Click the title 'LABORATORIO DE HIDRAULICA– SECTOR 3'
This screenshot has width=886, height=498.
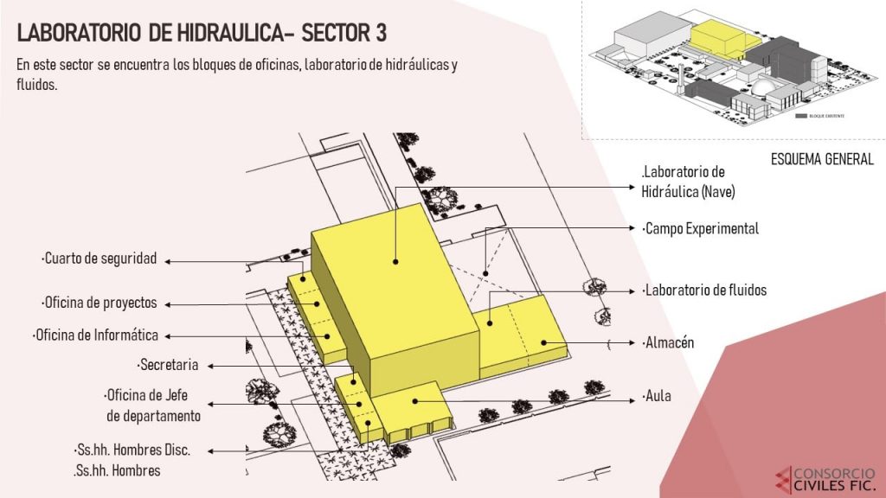pos(202,34)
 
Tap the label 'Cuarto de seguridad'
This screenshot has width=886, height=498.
pos(99,259)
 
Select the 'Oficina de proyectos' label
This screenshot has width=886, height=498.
pos(99,303)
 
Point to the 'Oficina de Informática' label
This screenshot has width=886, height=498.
pos(96,335)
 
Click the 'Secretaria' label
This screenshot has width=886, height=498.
pos(168,364)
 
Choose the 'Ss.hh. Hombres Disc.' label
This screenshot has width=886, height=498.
pos(132,450)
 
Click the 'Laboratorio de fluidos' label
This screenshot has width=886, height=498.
pos(704,290)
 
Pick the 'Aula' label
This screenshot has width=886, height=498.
pos(657,398)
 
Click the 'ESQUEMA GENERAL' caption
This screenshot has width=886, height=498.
pos(821,159)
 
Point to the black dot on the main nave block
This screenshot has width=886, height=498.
pos(395,260)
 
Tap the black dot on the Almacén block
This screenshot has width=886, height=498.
pos(543,342)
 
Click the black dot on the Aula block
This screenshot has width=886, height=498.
pos(415,400)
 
